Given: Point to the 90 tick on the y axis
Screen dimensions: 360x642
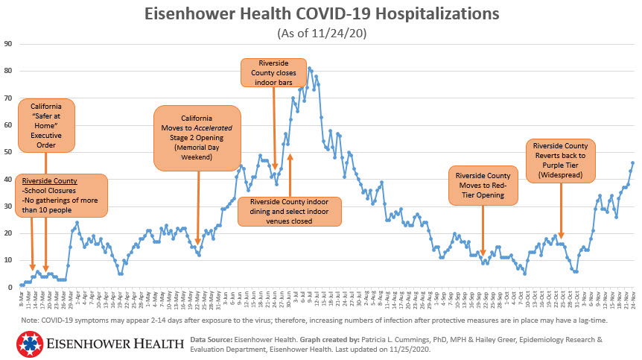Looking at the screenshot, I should click(x=8, y=43).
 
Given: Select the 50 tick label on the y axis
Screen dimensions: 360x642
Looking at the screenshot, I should click(x=8, y=152).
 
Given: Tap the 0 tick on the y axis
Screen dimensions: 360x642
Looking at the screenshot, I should click(x=10, y=287).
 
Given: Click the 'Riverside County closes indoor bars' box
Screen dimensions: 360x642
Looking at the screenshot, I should click(x=273, y=73).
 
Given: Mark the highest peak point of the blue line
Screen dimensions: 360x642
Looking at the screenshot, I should click(x=309, y=69).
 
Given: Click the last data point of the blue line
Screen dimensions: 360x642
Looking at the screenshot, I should click(x=633, y=162).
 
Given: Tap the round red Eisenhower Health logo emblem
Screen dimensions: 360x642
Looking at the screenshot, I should click(x=28, y=344).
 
